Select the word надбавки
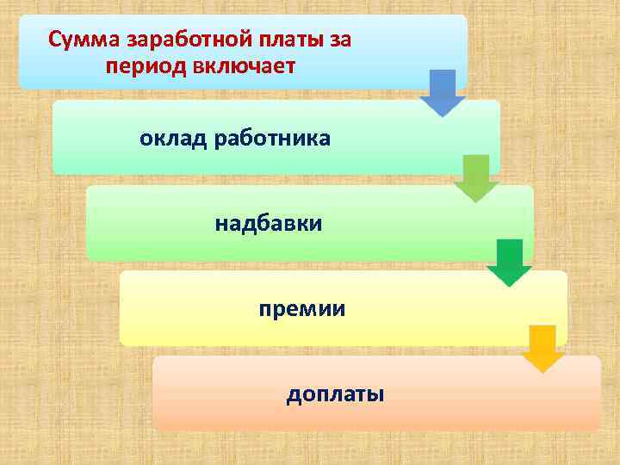[269, 224]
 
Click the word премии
[302, 308]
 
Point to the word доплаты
[335, 394]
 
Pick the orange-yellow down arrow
[543, 348]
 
